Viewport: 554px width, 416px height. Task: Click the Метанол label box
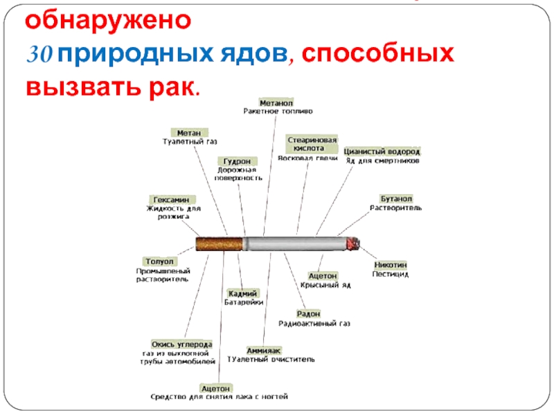click(276, 102)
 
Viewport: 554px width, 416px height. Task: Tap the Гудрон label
click(231, 160)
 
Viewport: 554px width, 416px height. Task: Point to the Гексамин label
click(169, 199)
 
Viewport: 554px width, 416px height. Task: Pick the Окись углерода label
click(181, 344)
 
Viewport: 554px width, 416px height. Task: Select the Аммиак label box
click(263, 350)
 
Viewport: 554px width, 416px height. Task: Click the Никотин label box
click(391, 265)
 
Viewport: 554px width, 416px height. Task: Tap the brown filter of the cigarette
click(220, 243)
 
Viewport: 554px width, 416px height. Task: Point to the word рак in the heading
click(172, 87)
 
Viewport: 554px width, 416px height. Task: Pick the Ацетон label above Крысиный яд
click(323, 276)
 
